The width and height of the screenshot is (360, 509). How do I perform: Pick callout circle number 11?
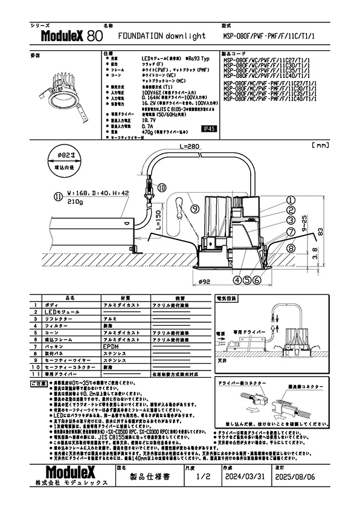(x=58, y=196)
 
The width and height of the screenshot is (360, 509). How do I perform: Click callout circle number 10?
(x=161, y=188)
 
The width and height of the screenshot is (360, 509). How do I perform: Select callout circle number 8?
(x=291, y=248)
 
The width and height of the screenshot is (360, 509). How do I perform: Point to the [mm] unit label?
(x=320, y=146)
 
